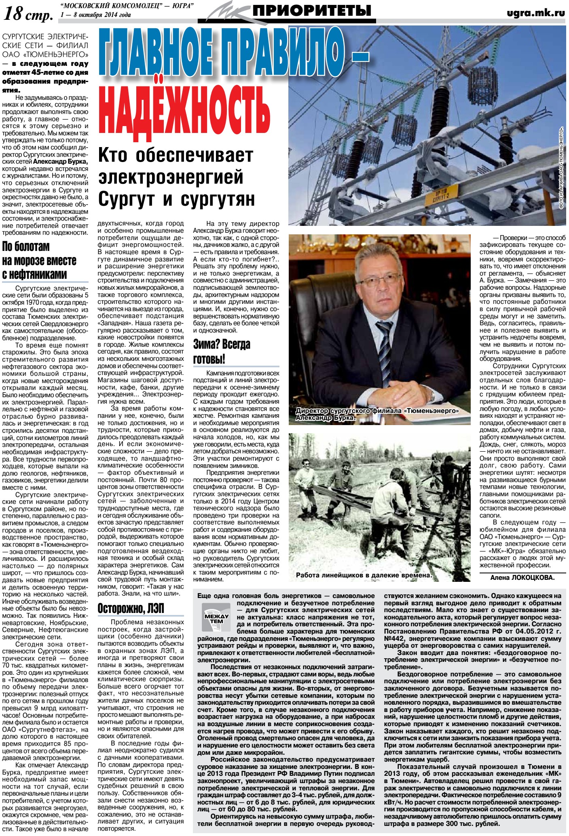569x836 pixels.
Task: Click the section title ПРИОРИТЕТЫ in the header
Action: click(x=311, y=11)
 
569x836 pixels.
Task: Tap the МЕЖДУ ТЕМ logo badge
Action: click(x=216, y=618)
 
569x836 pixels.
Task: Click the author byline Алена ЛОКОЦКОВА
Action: click(x=522, y=577)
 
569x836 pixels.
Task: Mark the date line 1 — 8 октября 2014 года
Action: click(x=95, y=15)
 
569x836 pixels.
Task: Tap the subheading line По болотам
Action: click(x=26, y=246)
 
